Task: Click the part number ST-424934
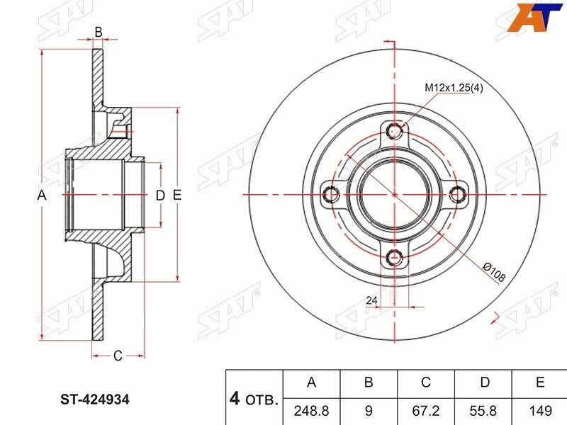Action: pos(95,399)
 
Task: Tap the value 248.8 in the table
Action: pos(311,411)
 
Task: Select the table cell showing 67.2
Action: pos(426,411)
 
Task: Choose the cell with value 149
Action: pos(540,411)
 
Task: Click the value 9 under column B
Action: pos(369,411)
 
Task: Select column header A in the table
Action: pos(311,382)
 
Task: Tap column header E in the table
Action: pos(540,382)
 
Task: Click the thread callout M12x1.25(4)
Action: pos(454,87)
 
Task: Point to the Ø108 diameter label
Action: pos(494,273)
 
